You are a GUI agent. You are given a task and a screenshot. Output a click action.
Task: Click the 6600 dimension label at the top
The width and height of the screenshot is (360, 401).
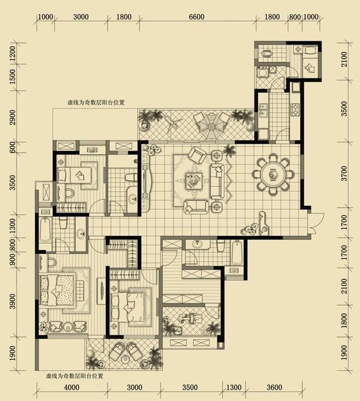[196, 17]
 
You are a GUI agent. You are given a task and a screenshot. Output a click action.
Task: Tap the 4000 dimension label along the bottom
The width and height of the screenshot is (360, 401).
[71, 387]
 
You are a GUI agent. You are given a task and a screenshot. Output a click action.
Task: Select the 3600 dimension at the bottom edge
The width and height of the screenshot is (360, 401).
[274, 387]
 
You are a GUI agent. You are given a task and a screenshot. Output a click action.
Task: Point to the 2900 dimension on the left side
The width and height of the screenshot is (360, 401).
[12, 118]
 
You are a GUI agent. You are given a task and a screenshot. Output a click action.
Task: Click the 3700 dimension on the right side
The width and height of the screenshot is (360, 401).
[344, 173]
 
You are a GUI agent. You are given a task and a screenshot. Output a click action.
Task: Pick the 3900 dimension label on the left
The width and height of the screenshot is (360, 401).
[12, 302]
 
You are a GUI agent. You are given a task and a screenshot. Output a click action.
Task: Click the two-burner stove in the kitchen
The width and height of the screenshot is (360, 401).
[295, 109]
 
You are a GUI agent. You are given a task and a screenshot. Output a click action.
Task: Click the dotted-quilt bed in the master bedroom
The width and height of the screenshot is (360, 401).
[57, 290]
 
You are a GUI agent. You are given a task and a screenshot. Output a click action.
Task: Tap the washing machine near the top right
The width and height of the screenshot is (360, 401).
[262, 73]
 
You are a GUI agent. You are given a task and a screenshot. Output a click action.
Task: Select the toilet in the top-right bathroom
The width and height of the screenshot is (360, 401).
[266, 54]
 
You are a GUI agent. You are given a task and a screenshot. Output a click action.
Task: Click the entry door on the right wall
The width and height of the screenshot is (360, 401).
[316, 223]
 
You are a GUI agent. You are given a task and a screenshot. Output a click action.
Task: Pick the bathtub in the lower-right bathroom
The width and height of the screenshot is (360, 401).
[237, 253]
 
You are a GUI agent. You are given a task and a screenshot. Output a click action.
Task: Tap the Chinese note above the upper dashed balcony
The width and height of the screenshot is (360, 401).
[96, 103]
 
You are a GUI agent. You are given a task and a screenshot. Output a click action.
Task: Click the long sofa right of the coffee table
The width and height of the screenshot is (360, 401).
[217, 182]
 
